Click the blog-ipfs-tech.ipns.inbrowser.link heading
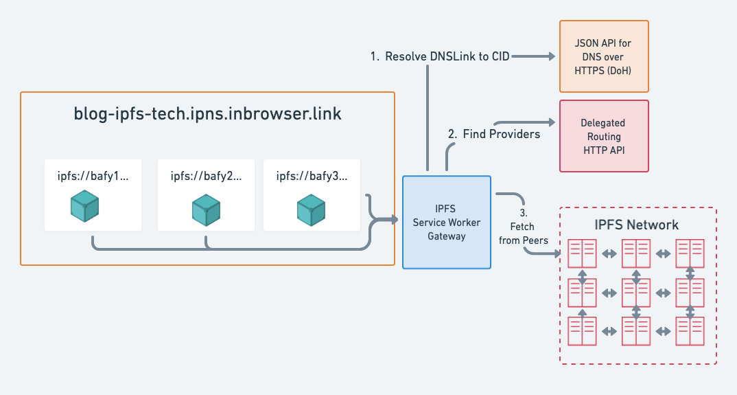[x=207, y=114]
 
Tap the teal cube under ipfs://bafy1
[x=85, y=207]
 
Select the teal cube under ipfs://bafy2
[x=206, y=210]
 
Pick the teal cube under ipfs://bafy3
[x=312, y=210]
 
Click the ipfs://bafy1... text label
[x=93, y=177]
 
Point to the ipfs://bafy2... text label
[x=206, y=177]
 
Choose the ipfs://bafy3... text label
[x=312, y=177]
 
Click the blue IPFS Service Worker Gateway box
[x=447, y=222]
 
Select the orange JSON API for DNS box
[x=604, y=56]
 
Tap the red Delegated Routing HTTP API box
[x=604, y=136]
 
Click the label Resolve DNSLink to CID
[x=440, y=56]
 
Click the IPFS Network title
[x=636, y=225]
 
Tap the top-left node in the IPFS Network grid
[x=582, y=253]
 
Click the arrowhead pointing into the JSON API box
[x=550, y=57]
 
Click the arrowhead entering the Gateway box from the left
[x=394, y=220]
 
